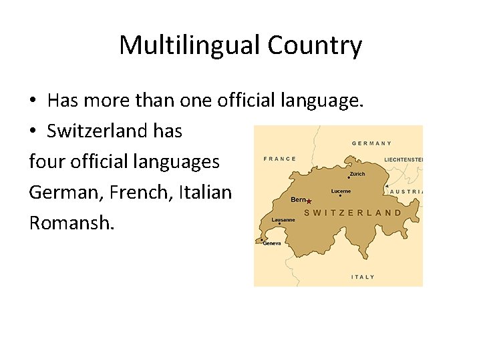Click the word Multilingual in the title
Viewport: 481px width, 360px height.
coord(190,46)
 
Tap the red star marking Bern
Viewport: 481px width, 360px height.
coord(309,201)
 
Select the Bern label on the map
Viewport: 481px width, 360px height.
coord(298,199)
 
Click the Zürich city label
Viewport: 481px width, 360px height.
coord(357,175)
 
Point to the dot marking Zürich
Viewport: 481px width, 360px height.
coord(348,177)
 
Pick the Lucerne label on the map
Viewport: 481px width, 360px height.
coord(341,191)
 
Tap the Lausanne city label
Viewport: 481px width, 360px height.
coord(283,219)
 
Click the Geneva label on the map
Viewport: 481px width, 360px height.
coord(272,243)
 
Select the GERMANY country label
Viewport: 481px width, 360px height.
coord(371,143)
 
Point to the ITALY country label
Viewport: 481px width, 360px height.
coord(363,277)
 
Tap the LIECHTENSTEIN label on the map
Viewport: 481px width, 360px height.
coord(404,160)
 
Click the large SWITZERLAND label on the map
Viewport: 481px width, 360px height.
coord(353,213)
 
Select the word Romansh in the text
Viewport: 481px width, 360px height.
coord(71,222)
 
